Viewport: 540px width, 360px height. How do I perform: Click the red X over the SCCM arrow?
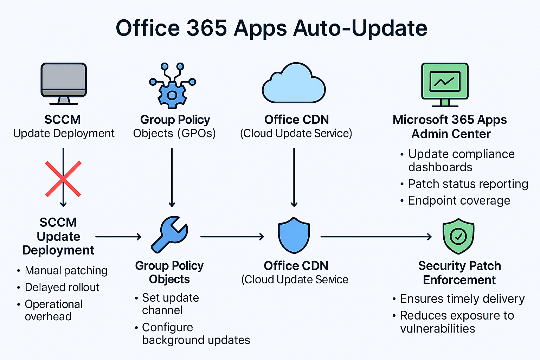[63, 179]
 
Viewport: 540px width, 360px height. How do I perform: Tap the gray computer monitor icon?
[64, 83]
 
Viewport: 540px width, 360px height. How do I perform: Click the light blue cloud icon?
[294, 84]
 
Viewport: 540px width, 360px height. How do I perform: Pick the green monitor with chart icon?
[445, 84]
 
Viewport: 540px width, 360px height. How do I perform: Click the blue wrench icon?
[169, 234]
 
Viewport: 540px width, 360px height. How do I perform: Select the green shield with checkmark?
[458, 236]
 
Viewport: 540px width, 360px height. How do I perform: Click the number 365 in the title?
[206, 28]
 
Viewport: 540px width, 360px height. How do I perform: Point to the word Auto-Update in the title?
[360, 28]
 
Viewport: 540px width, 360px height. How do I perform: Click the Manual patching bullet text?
[66, 270]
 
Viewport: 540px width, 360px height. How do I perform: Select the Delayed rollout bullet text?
[62, 287]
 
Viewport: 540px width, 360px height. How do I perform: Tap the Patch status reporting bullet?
[468, 184]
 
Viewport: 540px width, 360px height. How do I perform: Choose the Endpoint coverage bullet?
[459, 200]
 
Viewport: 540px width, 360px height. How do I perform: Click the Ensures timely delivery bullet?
[462, 298]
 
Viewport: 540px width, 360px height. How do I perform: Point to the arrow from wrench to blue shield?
[232, 237]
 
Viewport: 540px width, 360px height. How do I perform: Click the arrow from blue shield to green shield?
[376, 237]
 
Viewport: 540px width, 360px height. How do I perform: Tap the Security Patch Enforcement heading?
[459, 273]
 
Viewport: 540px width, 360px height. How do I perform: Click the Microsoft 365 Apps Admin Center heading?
[450, 127]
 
